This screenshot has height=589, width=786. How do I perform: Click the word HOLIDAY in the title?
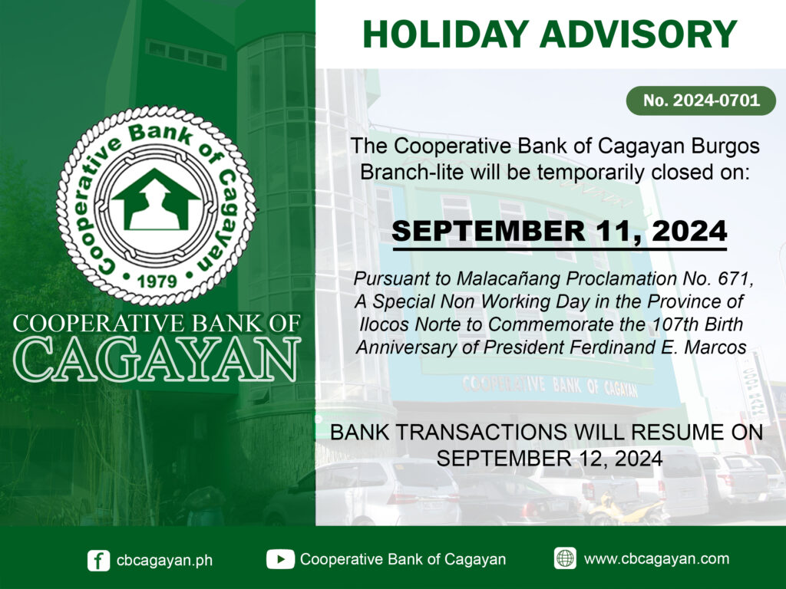click(446, 34)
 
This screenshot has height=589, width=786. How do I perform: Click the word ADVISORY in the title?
click(639, 34)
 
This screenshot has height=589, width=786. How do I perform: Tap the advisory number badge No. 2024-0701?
click(702, 100)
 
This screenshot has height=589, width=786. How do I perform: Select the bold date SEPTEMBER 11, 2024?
click(560, 231)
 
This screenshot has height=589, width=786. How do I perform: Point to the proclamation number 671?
click(735, 278)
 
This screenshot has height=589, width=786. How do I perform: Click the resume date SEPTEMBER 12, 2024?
click(550, 459)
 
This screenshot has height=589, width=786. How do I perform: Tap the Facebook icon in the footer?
click(98, 561)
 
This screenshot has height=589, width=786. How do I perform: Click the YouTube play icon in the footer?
click(280, 559)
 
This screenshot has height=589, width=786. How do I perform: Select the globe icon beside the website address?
click(565, 558)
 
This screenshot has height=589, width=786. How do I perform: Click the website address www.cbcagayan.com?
click(657, 559)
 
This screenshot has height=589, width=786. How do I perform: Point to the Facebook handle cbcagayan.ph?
click(164, 561)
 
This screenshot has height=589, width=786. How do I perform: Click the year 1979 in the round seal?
click(157, 281)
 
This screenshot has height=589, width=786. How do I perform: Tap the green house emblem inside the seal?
click(156, 200)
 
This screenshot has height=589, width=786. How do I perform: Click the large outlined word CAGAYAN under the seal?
click(157, 359)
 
